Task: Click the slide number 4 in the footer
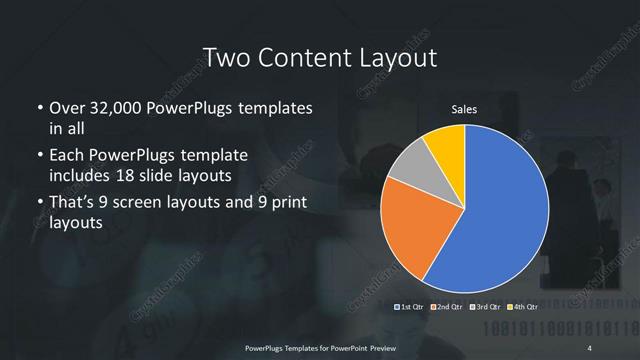pos(590,347)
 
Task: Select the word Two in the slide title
pos(222,57)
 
